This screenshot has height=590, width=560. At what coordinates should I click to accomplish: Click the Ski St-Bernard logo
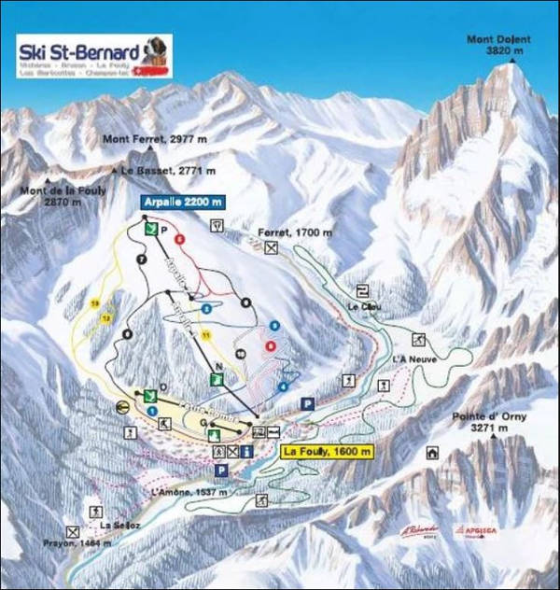tap(93, 57)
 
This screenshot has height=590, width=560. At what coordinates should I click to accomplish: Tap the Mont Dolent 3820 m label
tap(505, 46)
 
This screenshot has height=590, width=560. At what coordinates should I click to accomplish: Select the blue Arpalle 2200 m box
tap(183, 202)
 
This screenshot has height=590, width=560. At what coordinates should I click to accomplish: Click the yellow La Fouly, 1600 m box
tap(327, 452)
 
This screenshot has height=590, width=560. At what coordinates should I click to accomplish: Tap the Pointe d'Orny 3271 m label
tap(491, 422)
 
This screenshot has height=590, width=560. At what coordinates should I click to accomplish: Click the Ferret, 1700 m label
tap(297, 230)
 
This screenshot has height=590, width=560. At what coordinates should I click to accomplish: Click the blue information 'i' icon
tap(245, 452)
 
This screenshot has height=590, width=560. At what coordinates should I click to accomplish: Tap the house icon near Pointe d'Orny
tap(432, 454)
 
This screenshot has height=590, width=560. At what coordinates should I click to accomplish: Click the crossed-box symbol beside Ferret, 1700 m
tap(271, 248)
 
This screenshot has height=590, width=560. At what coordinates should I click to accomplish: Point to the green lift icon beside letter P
tap(149, 228)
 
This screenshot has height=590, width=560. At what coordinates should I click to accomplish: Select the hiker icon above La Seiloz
tap(94, 512)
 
